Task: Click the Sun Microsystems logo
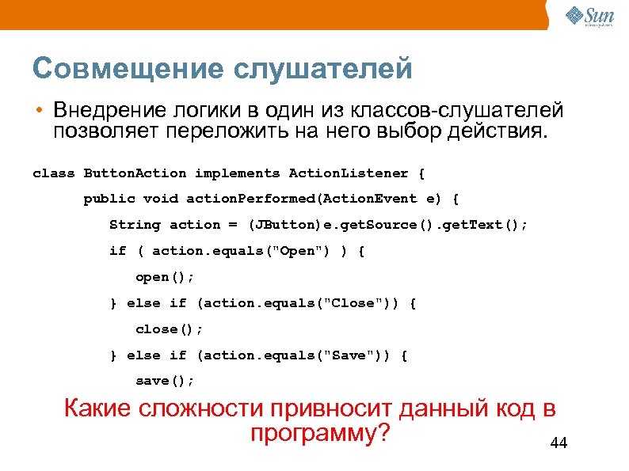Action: coord(590,15)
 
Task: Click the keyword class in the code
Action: coord(53,173)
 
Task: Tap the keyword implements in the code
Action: coord(237,173)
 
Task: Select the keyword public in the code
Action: coord(109,199)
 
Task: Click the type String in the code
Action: coord(135,226)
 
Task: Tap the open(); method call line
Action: coord(165,278)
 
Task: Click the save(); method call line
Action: coord(165,382)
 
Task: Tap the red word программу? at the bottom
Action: coord(321,435)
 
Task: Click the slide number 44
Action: coord(558,444)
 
